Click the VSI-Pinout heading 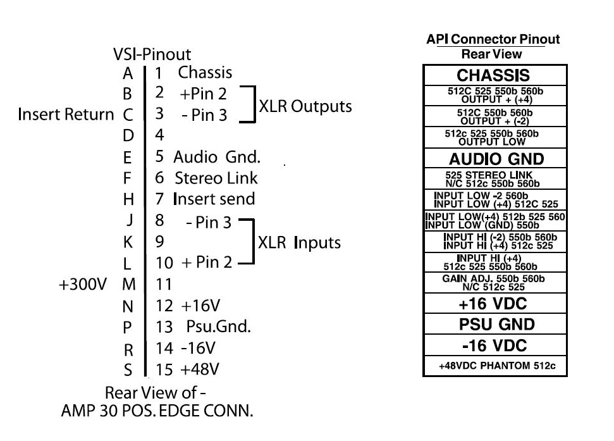tap(152, 54)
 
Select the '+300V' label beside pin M tap(83, 285)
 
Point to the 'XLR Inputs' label tap(299, 242)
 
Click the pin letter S tap(128, 370)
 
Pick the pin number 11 tap(164, 285)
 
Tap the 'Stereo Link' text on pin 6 tap(216, 178)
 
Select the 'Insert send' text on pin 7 tap(214, 199)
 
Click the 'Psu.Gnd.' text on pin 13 tap(218, 327)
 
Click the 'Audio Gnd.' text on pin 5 tap(217, 157)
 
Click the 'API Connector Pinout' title tap(493, 40)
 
